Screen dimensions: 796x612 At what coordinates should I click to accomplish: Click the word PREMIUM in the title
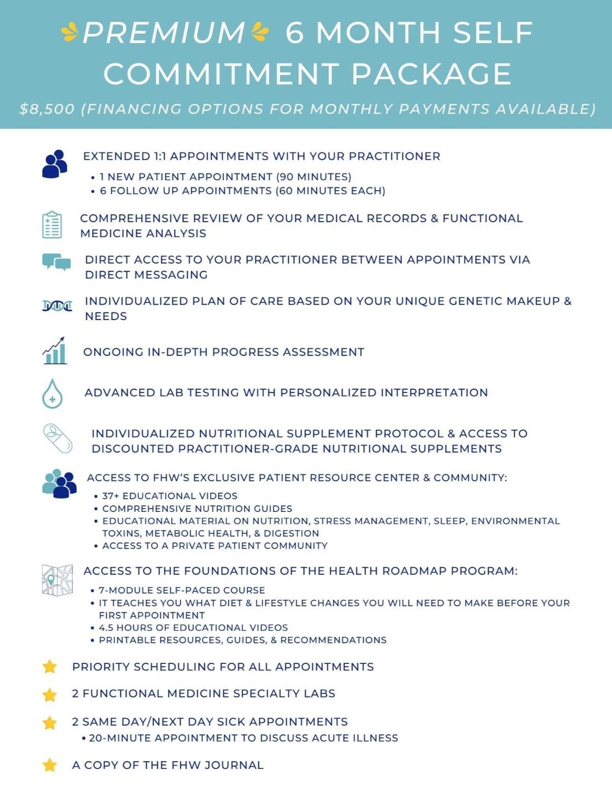164,33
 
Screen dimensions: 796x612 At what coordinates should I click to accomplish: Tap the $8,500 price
46,109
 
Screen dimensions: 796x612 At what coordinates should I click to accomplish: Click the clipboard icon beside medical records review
52,225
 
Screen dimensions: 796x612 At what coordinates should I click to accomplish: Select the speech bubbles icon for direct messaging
56,261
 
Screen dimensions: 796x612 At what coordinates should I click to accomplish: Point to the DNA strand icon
57,305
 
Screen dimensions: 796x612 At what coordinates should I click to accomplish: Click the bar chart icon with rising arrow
55,350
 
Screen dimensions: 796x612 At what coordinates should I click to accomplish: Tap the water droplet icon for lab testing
53,394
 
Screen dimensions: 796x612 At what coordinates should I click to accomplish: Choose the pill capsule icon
57,438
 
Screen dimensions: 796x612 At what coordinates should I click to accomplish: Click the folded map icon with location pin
57,580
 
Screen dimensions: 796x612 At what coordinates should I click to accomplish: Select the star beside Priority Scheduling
50,667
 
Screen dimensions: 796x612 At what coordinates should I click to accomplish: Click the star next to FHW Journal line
50,765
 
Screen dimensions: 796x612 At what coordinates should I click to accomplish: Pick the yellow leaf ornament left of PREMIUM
70,32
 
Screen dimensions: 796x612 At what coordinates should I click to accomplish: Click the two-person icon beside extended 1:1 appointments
55,164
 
